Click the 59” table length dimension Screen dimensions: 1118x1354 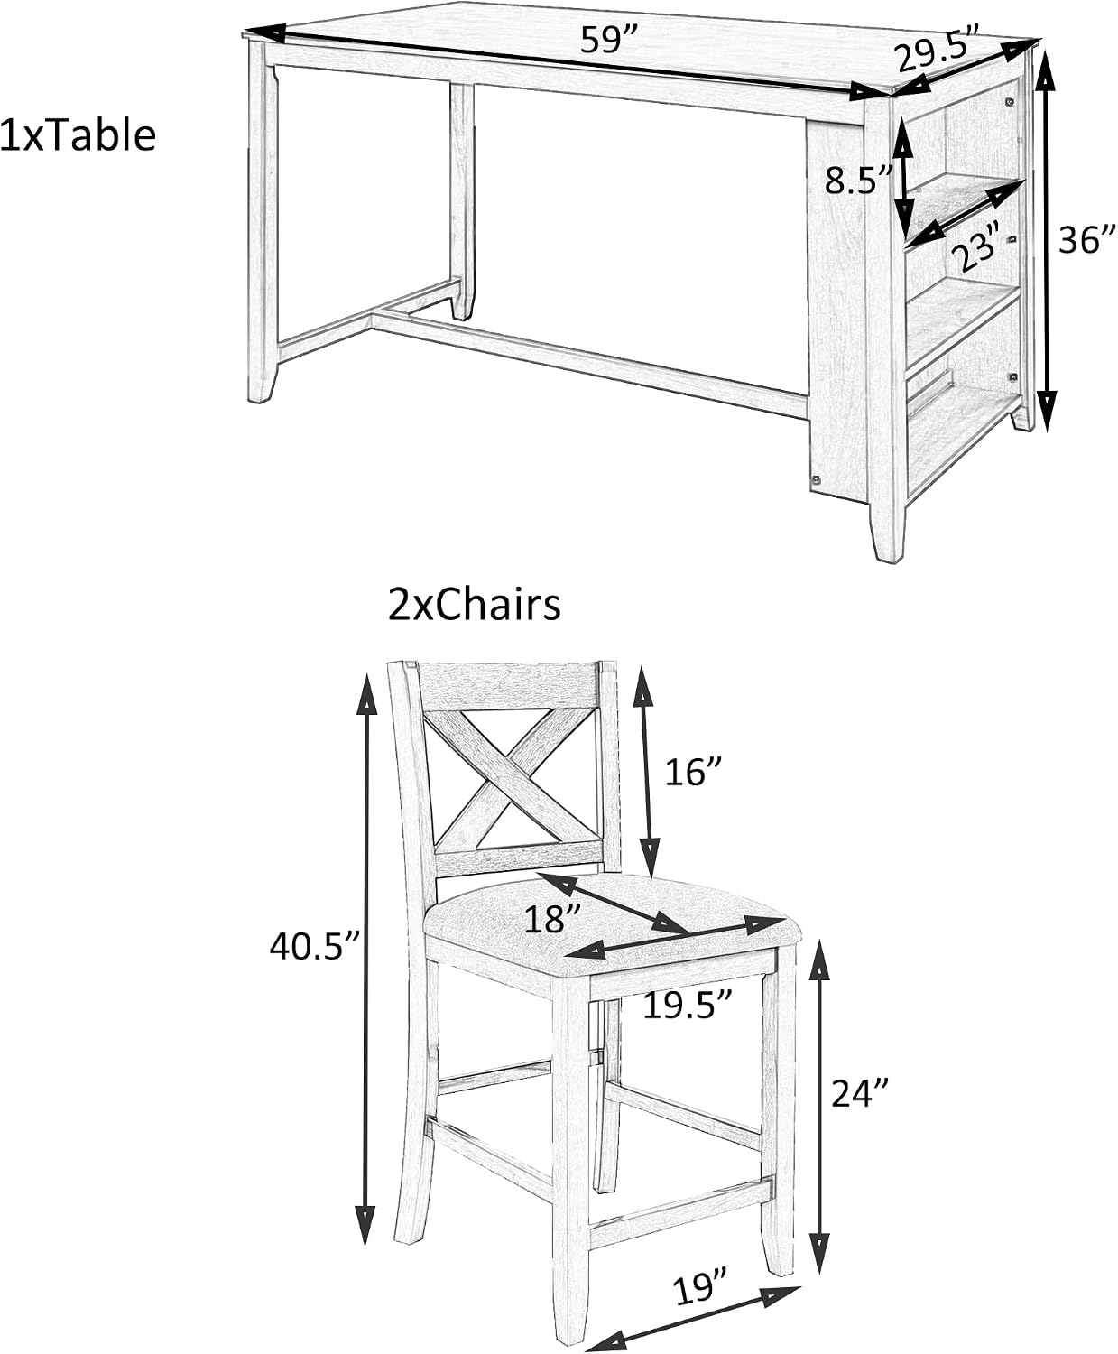[609, 41]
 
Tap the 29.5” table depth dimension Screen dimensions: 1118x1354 [939, 50]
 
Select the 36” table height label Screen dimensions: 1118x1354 [1087, 241]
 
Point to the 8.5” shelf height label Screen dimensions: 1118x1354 [859, 180]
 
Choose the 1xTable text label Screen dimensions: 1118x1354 [78, 136]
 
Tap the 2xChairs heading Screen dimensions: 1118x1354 [475, 605]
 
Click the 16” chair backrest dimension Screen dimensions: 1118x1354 [693, 773]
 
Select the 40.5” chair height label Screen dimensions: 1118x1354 [314, 947]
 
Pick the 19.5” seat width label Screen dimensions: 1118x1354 [687, 1006]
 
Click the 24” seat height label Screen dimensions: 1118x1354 [860, 1093]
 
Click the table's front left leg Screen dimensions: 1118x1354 [263, 220]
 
